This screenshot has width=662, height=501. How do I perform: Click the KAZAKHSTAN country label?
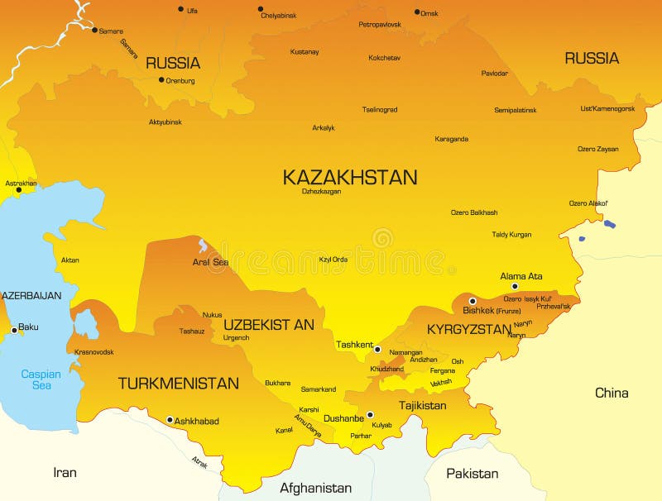click(349, 177)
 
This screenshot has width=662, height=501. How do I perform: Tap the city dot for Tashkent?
click(377, 350)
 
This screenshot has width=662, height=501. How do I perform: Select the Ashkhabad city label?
click(197, 421)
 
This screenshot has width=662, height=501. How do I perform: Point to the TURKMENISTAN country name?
click(178, 384)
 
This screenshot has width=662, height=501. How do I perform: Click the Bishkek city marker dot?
click(473, 301)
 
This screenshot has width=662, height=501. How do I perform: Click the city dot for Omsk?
click(417, 12)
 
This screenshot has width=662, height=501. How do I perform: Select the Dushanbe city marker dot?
click(370, 415)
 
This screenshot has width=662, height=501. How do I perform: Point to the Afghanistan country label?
click(315, 488)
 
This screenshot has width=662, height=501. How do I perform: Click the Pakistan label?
click(472, 474)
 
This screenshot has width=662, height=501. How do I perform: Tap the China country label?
click(612, 393)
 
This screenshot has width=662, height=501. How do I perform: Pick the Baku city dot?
click(13, 330)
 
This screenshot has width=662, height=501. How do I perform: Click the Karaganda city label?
click(451, 139)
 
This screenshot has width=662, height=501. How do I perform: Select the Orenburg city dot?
click(161, 80)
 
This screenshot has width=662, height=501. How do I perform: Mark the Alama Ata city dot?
click(515, 286)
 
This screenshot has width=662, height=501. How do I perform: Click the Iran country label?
click(65, 473)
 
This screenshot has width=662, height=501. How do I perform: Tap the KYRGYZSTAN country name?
click(469, 329)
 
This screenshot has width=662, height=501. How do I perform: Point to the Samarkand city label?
click(318, 389)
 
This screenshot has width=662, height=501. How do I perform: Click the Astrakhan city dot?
click(18, 190)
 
